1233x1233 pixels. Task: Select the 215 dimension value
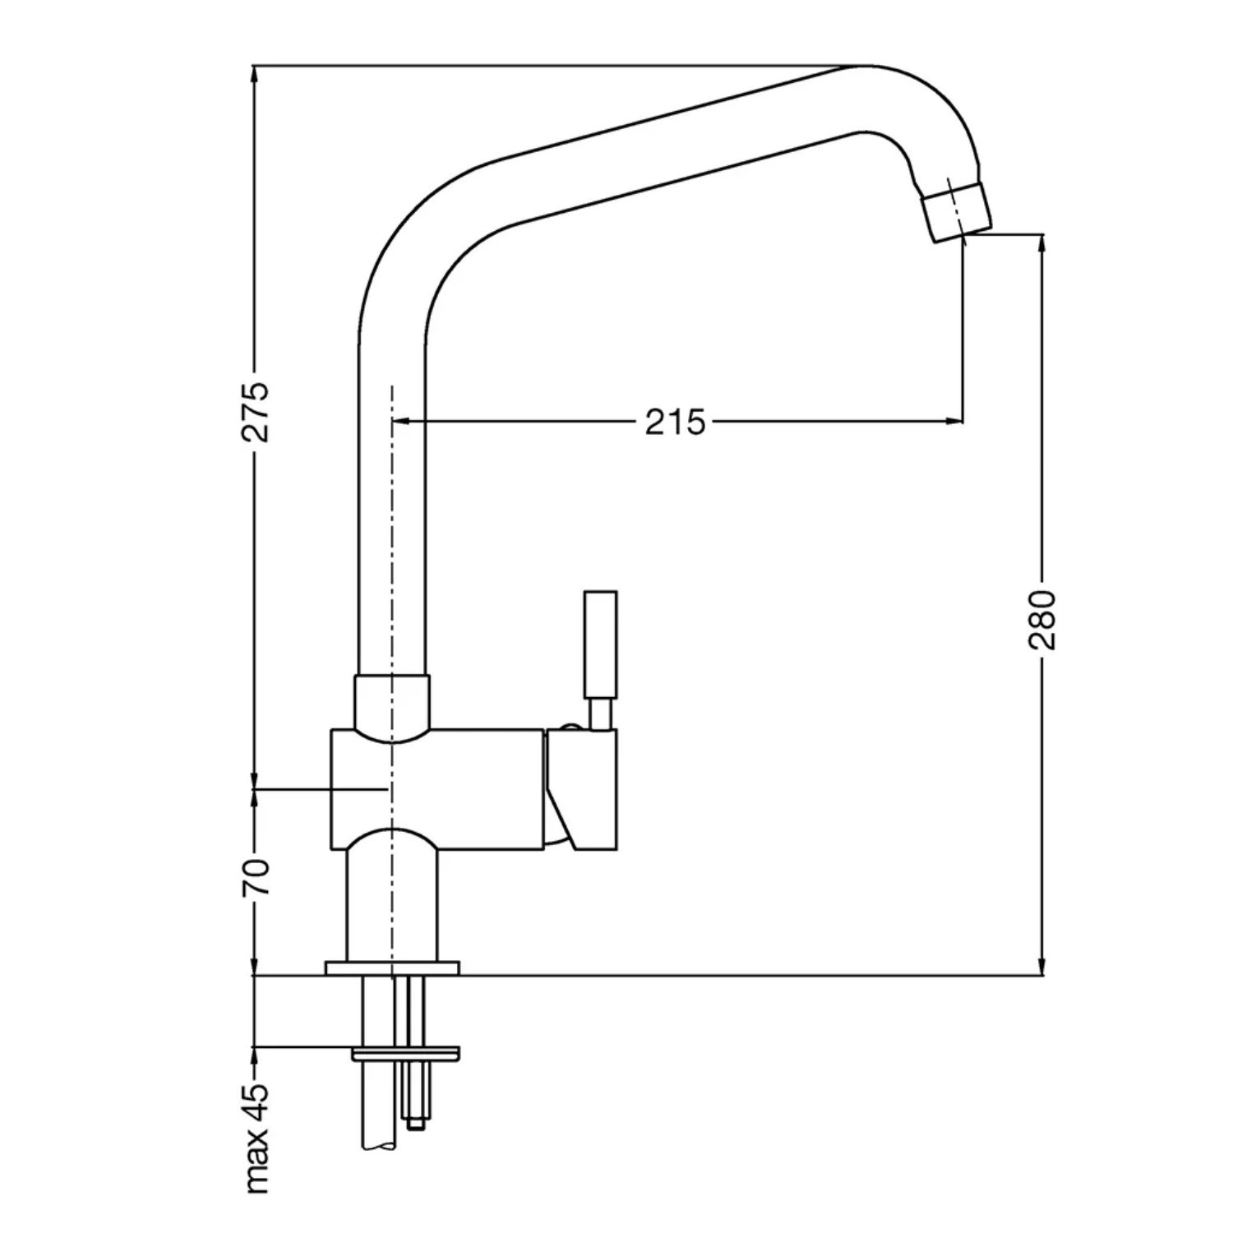[x=675, y=422]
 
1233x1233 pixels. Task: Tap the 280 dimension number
[x=1042, y=620]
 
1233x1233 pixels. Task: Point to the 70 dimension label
[x=257, y=876]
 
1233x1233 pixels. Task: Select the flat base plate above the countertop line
[x=392, y=967]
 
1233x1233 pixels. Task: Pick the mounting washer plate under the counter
[x=406, y=1053]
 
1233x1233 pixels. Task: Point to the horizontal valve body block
[x=436, y=789]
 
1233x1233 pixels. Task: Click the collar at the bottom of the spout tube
[x=392, y=704]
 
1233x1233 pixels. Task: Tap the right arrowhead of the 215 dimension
[x=954, y=422]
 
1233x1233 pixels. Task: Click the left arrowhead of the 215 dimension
[x=403, y=422]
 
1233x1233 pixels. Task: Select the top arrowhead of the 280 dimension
[x=1042, y=245]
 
